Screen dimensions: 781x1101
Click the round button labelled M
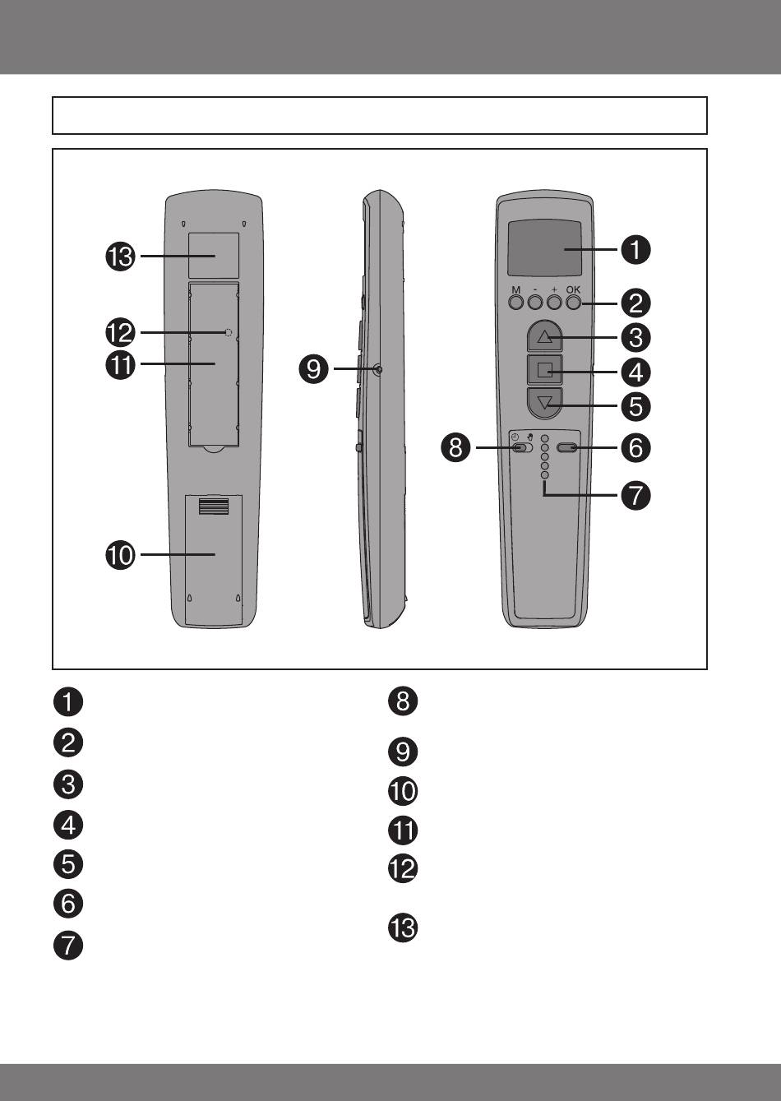click(x=515, y=303)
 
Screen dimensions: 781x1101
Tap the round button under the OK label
click(x=574, y=303)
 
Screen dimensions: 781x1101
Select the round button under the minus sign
click(x=535, y=303)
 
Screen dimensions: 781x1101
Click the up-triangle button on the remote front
click(x=544, y=336)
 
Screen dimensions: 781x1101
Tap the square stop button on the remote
click(x=544, y=370)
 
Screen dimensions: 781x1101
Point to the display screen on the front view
click(x=544, y=248)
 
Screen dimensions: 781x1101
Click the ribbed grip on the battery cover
click(x=214, y=507)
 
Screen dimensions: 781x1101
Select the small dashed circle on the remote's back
click(x=229, y=332)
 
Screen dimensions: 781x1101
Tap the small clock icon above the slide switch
click(x=515, y=437)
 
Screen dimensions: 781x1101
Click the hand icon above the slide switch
click(x=530, y=436)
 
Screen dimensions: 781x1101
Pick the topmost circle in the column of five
click(x=544, y=438)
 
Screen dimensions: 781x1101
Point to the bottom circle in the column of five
click(x=544, y=474)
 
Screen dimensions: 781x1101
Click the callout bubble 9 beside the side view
click(x=313, y=368)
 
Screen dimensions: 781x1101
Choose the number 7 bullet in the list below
click(x=68, y=946)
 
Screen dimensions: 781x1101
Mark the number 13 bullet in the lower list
click(x=403, y=928)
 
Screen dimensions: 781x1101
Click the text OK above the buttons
click(x=573, y=289)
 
